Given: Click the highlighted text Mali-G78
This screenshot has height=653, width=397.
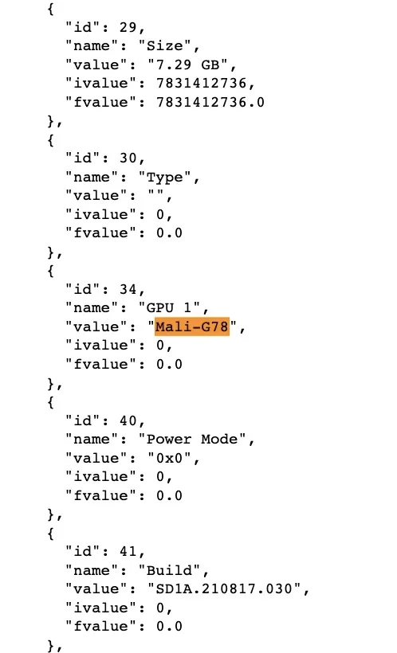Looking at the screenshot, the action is point(192,326).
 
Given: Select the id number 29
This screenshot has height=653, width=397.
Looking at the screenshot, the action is point(128,28).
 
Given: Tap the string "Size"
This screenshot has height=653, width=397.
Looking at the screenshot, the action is point(165,46).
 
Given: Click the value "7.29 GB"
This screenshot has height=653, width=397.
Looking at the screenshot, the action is point(187,65).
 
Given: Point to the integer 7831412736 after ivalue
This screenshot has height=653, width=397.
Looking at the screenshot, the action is point(202,84).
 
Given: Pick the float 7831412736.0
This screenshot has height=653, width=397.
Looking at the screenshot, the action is point(210,102).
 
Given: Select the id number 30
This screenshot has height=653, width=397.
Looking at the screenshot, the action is point(128,158).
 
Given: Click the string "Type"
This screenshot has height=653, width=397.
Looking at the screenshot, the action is point(165,177).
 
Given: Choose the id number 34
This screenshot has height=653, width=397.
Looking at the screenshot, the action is point(128,289).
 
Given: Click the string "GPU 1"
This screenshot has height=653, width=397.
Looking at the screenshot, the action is point(169,307).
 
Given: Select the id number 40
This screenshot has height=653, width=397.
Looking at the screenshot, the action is point(128,420).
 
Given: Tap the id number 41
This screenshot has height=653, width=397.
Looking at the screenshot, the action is point(128,551).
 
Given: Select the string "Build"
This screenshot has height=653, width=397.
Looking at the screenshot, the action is point(169,570).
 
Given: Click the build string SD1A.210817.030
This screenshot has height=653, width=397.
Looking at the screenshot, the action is point(224,588).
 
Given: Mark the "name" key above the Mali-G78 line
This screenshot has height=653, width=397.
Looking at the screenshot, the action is point(92,307).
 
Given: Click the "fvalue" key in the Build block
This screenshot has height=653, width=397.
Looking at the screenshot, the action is point(101,626).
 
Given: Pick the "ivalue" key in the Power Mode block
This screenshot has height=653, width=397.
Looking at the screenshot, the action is point(101,476).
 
